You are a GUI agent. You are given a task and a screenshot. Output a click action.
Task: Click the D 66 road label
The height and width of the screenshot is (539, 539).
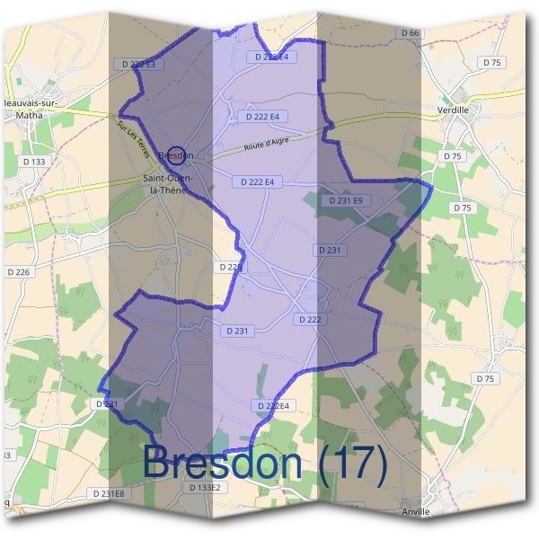coord(409,33)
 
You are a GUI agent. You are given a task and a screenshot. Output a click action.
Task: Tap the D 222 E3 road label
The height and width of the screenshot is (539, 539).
coord(137,64)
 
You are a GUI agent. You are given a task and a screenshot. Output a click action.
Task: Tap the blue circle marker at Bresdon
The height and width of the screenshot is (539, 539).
coord(177,155)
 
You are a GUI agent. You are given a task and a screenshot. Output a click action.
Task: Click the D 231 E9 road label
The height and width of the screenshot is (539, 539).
coord(346,200)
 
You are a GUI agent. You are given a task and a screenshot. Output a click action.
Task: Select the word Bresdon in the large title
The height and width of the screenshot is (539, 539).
coord(223,463)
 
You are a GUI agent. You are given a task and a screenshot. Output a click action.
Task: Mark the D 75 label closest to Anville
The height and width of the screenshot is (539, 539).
coord(485,378)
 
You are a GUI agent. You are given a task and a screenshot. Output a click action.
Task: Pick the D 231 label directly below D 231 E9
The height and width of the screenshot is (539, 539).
coord(330,250)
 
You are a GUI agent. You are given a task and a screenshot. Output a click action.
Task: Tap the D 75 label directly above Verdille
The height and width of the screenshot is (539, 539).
coord(491,62)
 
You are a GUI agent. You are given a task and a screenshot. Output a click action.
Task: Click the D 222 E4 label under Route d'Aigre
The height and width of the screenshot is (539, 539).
coord(257,181)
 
